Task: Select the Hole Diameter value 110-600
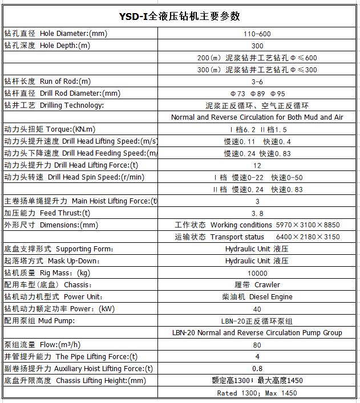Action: [x=257, y=34]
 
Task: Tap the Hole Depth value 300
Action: [x=257, y=46]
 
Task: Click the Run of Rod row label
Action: [x=48, y=82]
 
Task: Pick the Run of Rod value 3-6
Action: [x=257, y=82]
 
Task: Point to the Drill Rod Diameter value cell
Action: [x=257, y=93]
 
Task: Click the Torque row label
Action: [x=50, y=129]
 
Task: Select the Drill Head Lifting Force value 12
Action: [x=257, y=165]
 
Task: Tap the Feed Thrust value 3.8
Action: [x=257, y=213]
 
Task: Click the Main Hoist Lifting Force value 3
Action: [x=257, y=201]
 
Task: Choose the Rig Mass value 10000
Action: [x=257, y=273]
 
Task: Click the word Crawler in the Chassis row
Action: [x=268, y=285]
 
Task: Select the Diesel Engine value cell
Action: [x=257, y=297]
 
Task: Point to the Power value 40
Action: [x=257, y=309]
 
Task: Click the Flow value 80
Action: [x=257, y=345]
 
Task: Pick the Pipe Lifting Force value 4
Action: [x=257, y=357]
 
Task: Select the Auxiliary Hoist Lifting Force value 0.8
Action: [x=257, y=369]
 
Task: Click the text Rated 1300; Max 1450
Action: [x=257, y=393]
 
